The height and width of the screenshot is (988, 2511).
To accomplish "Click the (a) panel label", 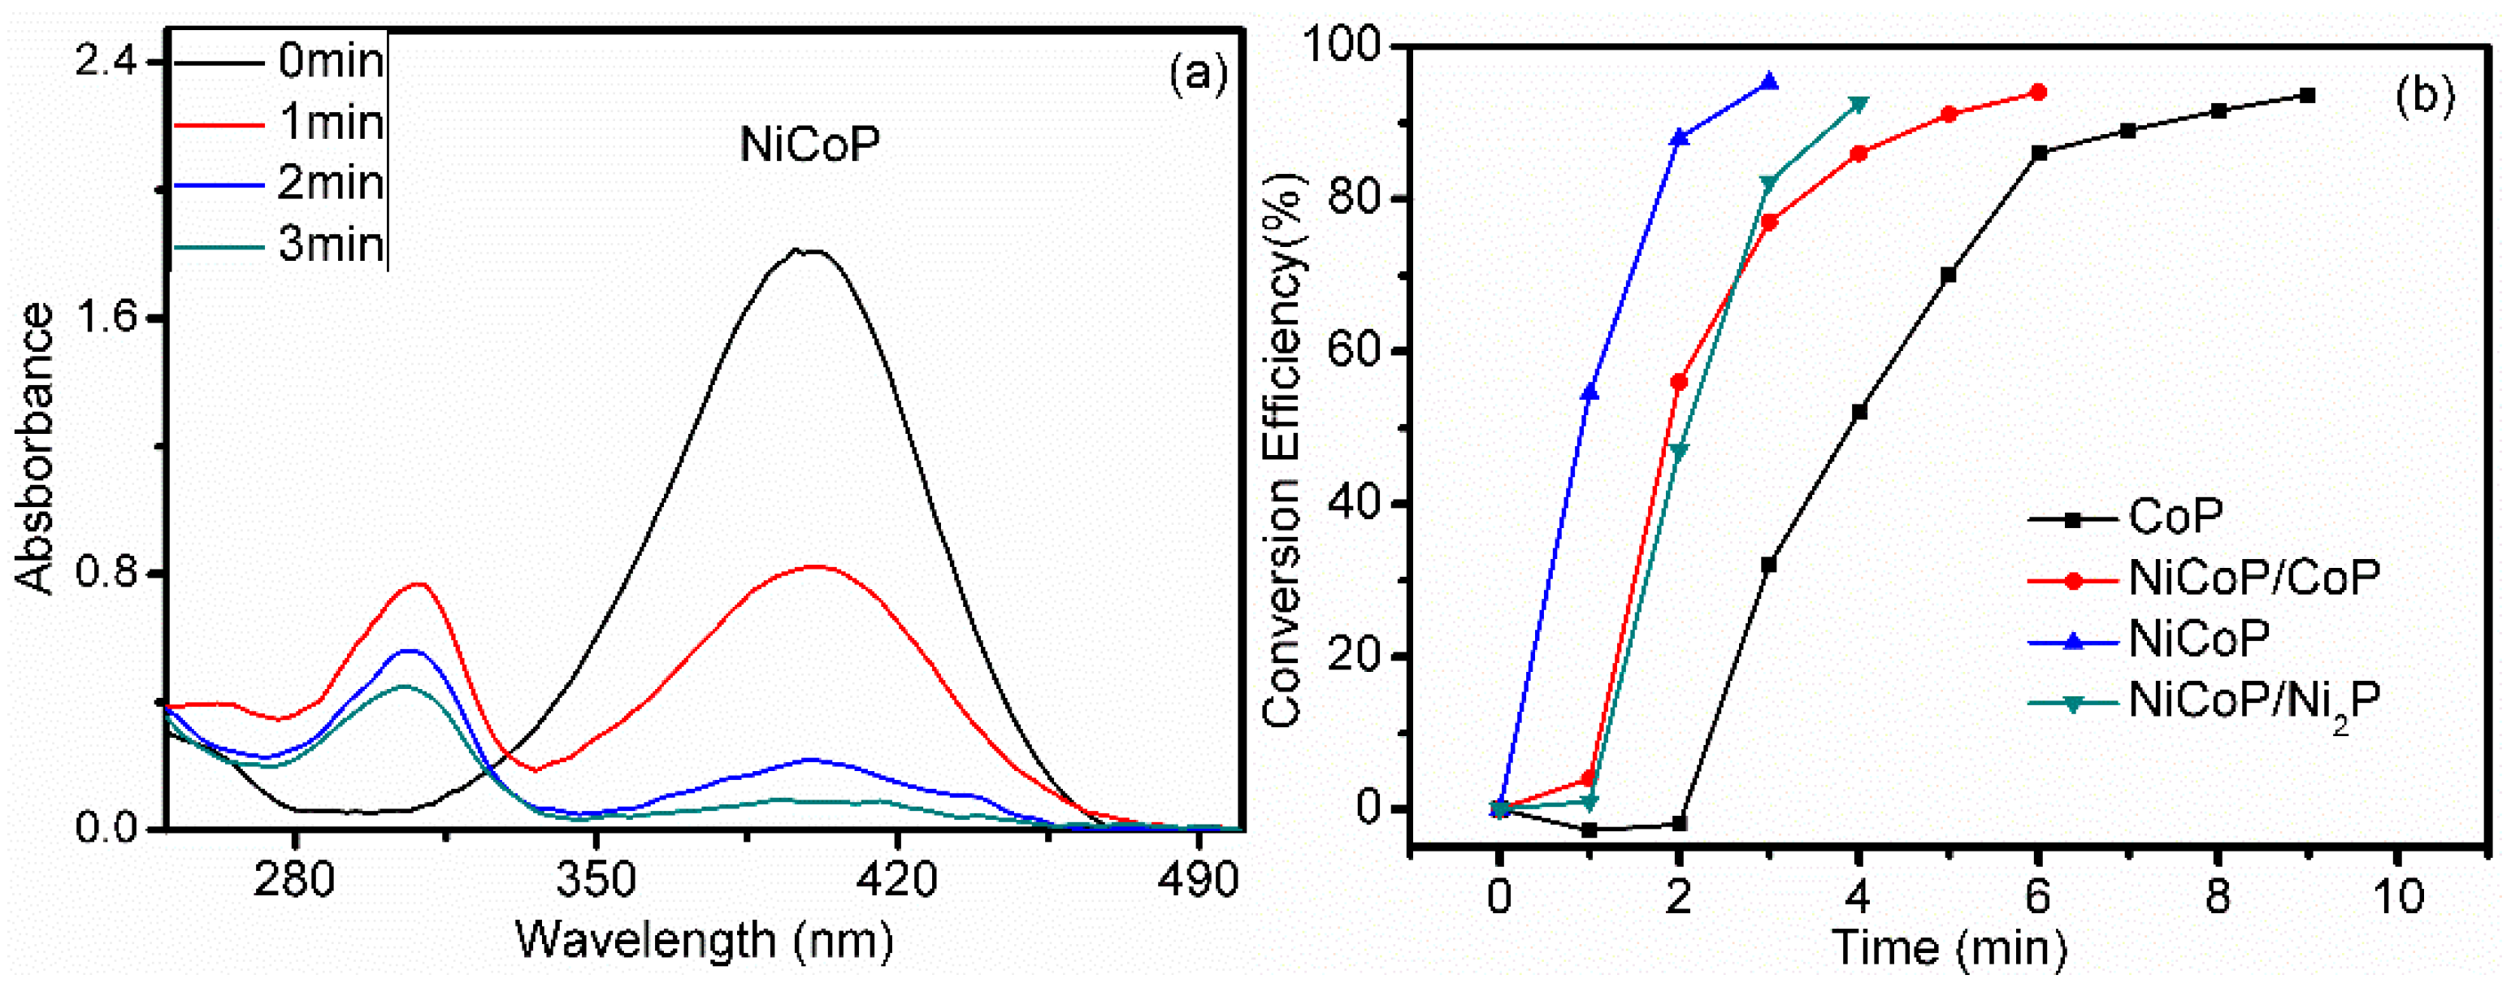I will point(1198,73).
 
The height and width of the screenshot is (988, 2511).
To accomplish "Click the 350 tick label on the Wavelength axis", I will point(596,881).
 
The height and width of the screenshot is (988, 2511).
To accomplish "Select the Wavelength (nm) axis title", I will point(704,941).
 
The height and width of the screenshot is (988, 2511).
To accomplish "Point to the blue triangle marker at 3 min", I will point(1769,83).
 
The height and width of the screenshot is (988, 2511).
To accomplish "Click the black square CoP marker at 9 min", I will point(2307,96).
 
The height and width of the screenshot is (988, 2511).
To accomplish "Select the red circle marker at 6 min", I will point(2037,93).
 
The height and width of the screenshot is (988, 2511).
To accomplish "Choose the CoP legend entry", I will point(2174,518).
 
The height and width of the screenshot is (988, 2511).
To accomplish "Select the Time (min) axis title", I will point(1949,947).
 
